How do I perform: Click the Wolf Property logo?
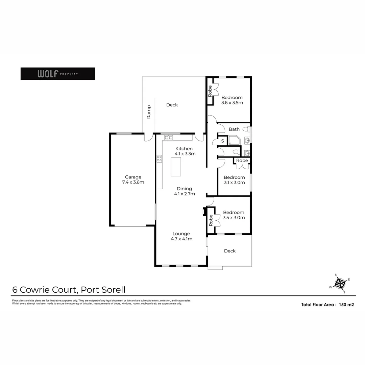click(x=57, y=74)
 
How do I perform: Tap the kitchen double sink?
click(x=169, y=137)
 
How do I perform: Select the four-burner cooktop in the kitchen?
click(x=159, y=159)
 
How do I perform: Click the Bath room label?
click(x=234, y=129)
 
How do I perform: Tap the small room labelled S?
click(x=222, y=141)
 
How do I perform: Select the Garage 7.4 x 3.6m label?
click(x=133, y=179)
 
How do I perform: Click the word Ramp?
click(x=149, y=112)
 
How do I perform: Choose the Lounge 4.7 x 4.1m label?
click(x=181, y=236)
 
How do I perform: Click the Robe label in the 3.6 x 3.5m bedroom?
click(x=210, y=91)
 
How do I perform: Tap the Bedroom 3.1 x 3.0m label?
click(x=234, y=180)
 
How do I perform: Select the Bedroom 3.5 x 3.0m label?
click(x=234, y=215)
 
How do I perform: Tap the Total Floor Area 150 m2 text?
click(x=327, y=305)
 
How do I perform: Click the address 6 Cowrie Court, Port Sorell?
click(x=69, y=290)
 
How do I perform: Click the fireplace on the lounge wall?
click(x=204, y=212)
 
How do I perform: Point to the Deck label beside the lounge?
click(x=230, y=251)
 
